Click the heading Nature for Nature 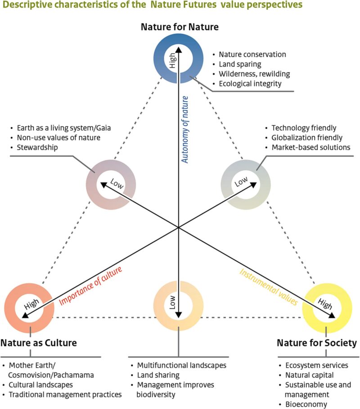179,27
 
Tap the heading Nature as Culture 39,343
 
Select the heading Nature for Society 316,343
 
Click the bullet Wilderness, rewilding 254,74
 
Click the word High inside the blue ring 172,60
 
